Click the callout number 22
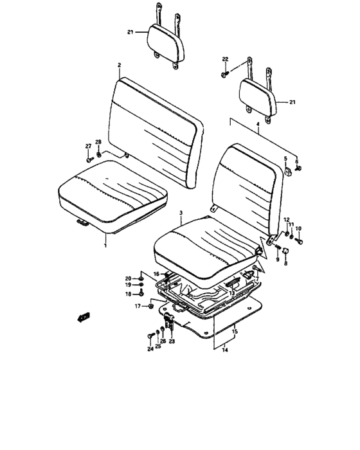point(225,59)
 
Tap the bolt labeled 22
point(224,75)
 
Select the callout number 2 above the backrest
point(119,65)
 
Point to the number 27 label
point(88,146)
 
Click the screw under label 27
point(89,159)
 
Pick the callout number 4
point(258,124)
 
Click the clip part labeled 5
point(287,170)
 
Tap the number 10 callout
point(298,228)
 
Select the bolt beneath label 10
point(299,240)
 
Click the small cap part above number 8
point(286,251)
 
